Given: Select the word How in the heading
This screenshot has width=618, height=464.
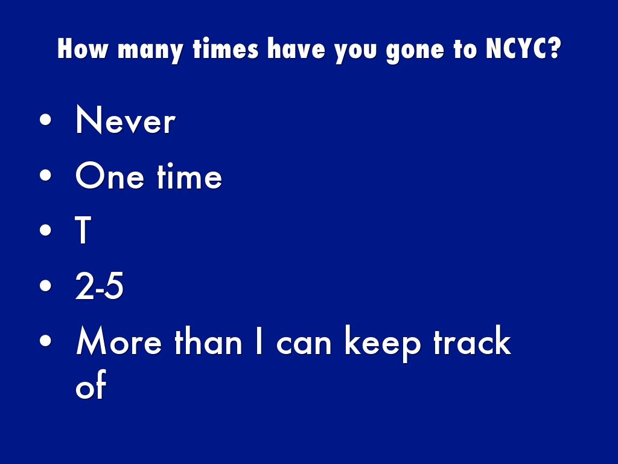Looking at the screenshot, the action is click(82, 48).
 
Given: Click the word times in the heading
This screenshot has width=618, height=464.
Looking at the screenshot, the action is click(226, 48).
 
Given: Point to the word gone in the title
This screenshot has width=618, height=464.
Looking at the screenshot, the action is click(415, 51).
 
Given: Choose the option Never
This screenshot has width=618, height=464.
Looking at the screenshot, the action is click(126, 120).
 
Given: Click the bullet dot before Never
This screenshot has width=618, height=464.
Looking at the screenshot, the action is click(46, 120).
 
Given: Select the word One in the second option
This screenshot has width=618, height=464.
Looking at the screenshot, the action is click(110, 176).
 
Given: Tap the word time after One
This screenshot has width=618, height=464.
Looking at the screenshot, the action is click(190, 176).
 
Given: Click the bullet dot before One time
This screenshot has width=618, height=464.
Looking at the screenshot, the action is click(46, 175).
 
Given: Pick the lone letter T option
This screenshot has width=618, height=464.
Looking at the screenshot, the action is click(83, 230).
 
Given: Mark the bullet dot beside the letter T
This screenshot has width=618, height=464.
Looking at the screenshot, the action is click(46, 230).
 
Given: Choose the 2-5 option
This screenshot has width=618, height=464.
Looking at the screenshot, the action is click(100, 286).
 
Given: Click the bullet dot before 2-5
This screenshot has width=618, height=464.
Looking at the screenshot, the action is click(46, 285).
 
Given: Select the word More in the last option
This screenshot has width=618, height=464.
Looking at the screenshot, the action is click(119, 341).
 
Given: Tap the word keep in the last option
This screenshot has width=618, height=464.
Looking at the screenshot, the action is click(382, 343).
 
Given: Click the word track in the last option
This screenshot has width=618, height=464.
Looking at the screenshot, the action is click(472, 340).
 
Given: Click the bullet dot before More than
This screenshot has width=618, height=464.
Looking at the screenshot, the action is click(46, 341).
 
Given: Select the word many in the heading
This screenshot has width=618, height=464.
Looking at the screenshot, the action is click(150, 51).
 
